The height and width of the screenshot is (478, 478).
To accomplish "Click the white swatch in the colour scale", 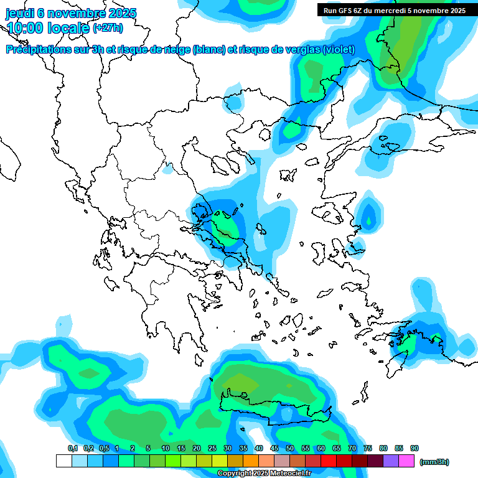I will (63, 461).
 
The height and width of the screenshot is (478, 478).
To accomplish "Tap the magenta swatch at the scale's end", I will (406, 461).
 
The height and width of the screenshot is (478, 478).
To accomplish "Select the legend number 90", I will (415, 448).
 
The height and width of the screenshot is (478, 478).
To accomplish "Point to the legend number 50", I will (290, 448).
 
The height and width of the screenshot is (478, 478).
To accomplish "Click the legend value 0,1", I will (73, 448).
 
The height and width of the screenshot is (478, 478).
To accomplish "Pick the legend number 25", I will (212, 448).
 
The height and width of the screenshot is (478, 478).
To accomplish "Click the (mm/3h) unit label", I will (434, 462).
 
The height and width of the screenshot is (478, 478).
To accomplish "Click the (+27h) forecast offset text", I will (107, 28).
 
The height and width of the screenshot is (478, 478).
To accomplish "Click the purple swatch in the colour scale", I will (390, 461).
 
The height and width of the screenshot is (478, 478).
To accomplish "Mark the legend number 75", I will (368, 448).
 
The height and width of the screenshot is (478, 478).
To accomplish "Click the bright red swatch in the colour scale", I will (328, 461).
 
